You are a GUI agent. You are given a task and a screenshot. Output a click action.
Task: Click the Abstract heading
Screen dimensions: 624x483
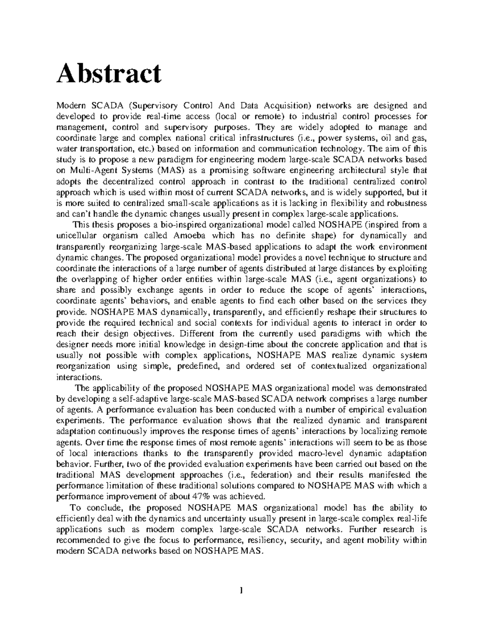[x=109, y=74]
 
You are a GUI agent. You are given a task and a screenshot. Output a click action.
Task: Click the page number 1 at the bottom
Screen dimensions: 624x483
[x=241, y=591]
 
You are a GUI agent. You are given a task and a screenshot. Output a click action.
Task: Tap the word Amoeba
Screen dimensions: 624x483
[x=191, y=236]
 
